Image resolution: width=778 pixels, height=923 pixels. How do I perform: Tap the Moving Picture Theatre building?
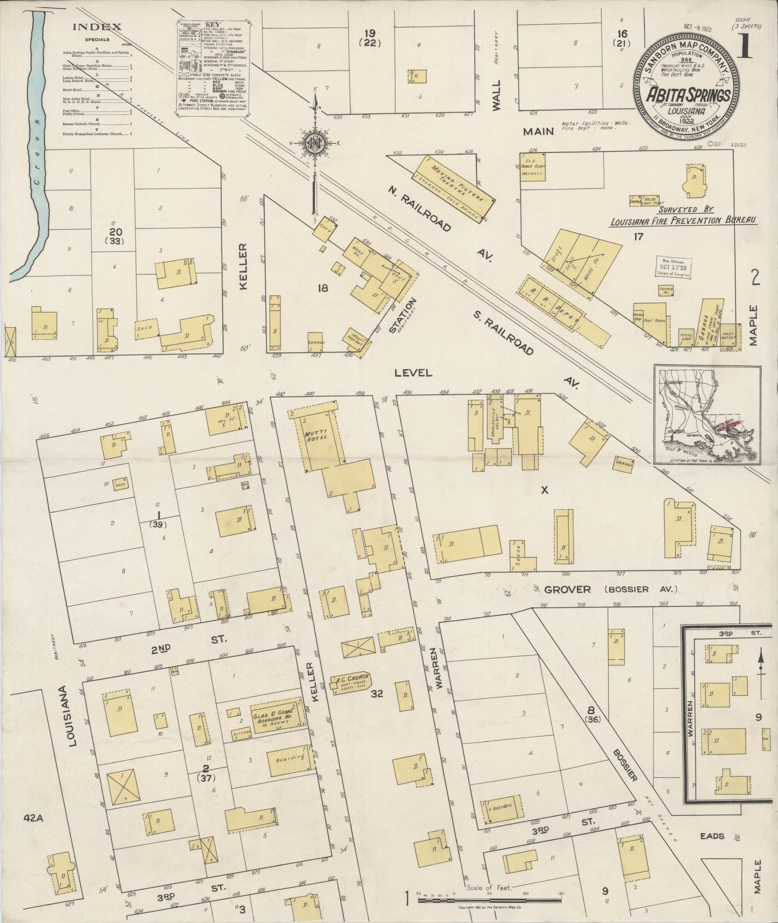[453, 188]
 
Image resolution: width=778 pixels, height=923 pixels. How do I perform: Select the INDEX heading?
[97, 27]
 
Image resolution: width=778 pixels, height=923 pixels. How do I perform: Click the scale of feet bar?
[490, 900]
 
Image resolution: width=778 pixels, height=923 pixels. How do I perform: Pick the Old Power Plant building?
[533, 167]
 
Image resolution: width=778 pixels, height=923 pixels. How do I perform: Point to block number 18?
[322, 289]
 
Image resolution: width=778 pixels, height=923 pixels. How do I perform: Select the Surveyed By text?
[686, 209]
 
